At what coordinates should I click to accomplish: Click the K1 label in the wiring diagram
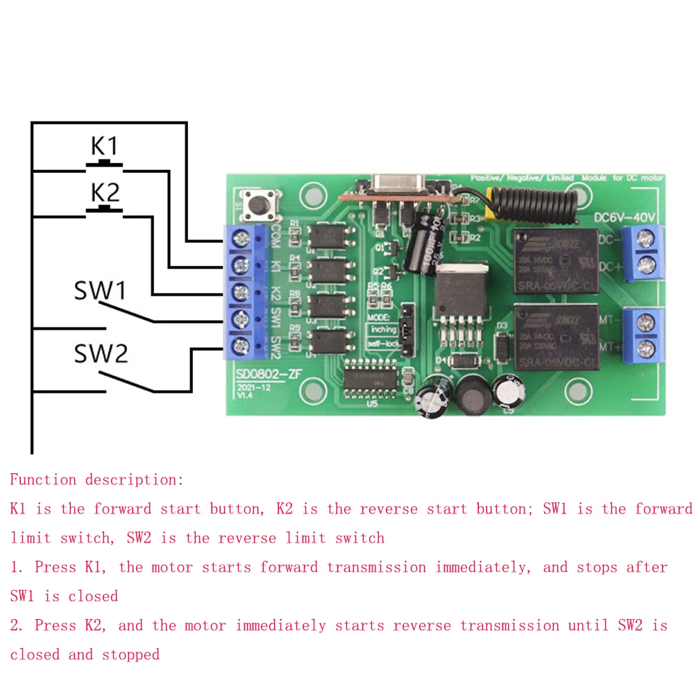(105, 146)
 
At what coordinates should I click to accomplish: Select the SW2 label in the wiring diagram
(101, 355)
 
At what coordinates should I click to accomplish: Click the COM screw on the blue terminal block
(241, 239)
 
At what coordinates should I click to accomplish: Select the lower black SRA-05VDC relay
(555, 335)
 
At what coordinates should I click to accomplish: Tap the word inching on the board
(383, 329)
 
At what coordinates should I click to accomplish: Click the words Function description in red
(97, 480)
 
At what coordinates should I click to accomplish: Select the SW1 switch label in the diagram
(101, 291)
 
